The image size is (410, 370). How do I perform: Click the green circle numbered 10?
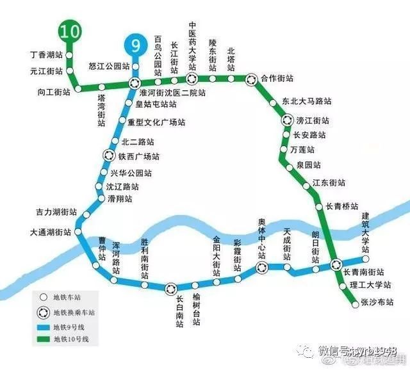(70, 31)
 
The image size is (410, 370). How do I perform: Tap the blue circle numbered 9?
(135, 45)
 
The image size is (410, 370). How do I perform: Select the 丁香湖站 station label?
(46, 55)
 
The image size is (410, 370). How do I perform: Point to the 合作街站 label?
(277, 79)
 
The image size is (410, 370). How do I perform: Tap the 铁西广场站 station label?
(138, 156)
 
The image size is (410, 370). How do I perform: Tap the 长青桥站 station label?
(341, 206)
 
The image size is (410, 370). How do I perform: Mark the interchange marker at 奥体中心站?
(261, 268)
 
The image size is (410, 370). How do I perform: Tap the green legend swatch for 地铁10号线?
(44, 338)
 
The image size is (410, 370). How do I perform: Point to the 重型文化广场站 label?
(157, 122)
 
